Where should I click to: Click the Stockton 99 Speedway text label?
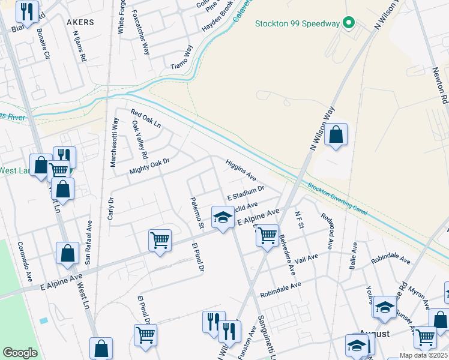pyautogui.click(x=297, y=24)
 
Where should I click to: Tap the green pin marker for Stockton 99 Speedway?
pyautogui.click(x=348, y=24)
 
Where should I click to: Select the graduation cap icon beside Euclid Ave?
pyautogui.click(x=222, y=218)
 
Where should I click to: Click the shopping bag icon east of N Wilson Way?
pyautogui.click(x=337, y=136)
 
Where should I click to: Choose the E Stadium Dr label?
pyautogui.click(x=246, y=193)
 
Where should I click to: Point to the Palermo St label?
pyautogui.click(x=197, y=213)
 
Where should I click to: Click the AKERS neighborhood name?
pyautogui.click(x=80, y=22)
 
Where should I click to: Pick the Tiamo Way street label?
pyautogui.click(x=182, y=58)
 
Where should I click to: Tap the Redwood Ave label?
pyautogui.click(x=327, y=231)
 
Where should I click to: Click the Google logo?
pyautogui.click(x=20, y=353)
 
